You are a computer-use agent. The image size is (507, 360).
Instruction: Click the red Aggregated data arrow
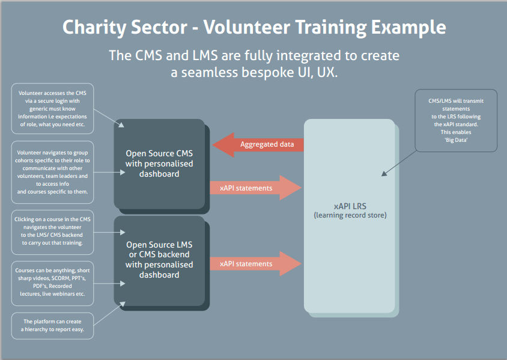coord(258,145)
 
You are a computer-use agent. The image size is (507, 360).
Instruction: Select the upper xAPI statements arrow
coord(255,188)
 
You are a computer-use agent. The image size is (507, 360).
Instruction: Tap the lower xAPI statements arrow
coord(255,264)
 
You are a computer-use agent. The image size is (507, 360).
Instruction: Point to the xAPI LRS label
coord(350,206)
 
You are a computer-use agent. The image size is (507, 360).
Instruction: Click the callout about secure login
coord(52,109)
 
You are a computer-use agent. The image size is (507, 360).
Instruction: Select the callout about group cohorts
coord(52,172)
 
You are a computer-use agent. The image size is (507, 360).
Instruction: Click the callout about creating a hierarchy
coord(52,325)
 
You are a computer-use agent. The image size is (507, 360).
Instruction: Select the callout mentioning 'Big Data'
coord(456,120)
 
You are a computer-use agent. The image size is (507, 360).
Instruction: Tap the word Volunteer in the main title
coord(246,27)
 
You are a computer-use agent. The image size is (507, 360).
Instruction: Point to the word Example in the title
coord(408,28)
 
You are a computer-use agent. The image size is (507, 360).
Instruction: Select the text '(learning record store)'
coord(350,215)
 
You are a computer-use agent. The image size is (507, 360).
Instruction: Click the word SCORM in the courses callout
coord(61,278)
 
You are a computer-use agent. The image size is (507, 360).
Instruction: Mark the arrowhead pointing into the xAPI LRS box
coord(384,174)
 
